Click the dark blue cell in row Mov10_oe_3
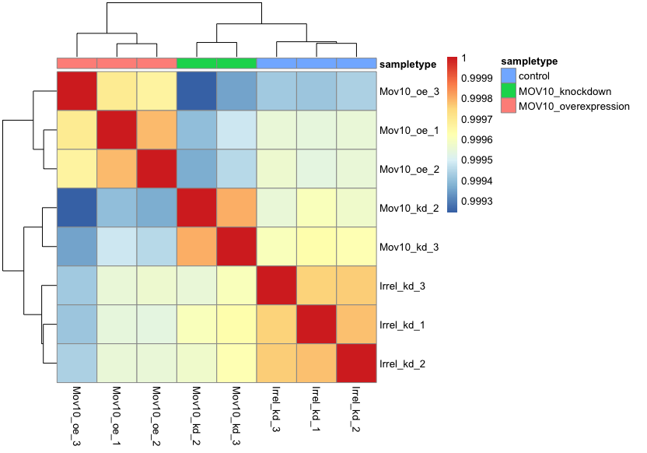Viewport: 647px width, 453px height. [197, 92]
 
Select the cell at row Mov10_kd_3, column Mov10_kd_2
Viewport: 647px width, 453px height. [197, 247]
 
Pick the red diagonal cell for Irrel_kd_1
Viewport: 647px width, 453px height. [317, 325]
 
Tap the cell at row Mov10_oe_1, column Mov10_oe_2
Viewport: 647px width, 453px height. [156, 131]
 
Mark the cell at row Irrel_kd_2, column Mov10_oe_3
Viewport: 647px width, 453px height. [76, 363]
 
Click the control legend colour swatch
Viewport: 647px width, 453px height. [508, 75]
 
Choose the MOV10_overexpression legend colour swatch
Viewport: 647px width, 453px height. [508, 105]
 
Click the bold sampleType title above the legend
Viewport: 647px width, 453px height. [530, 61]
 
